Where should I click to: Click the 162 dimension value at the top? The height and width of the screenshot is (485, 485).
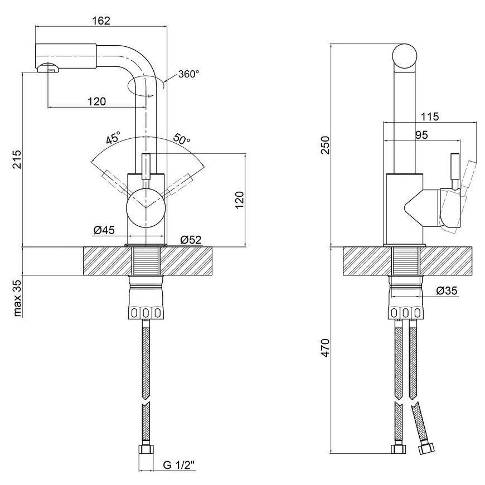101,21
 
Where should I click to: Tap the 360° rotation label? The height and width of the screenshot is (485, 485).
188,74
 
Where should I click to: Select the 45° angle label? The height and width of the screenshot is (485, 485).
113,138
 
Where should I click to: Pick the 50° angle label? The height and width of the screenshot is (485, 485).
182,139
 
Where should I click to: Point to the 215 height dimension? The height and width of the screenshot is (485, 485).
17,159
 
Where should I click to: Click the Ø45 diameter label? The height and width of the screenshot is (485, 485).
104,230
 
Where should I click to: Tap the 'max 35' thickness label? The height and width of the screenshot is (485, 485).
17,298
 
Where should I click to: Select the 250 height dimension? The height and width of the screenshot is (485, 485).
326,144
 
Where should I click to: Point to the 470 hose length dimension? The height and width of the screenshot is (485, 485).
326,348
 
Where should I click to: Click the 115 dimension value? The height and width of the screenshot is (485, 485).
430,117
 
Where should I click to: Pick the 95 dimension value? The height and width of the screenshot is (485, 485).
421,135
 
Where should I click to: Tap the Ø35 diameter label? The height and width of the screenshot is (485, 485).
447,290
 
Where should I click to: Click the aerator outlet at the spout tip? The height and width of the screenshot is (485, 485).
48,67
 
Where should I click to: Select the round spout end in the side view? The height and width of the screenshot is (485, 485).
404,56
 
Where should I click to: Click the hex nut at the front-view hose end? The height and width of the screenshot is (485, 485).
145,449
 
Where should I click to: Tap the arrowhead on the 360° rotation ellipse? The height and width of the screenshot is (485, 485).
151,96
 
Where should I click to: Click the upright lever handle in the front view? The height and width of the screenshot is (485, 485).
145,167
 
